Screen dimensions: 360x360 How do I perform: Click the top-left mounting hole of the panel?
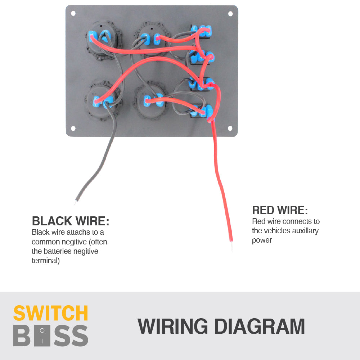coord(73,13)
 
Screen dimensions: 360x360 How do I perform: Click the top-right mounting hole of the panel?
coord(230,13)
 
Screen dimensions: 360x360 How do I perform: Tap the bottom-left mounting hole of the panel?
coord(73,129)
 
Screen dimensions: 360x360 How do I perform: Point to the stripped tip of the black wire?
coord(76,203)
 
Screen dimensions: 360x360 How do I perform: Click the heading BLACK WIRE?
coord(71,221)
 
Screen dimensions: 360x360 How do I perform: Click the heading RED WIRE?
coord(280,210)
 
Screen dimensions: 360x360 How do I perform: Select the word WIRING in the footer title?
coord(173,326)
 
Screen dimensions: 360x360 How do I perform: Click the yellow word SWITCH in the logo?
coord(51,314)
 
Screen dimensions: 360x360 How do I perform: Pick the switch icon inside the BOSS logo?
coord(42,336)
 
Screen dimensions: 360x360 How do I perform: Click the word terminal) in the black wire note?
coord(46,261)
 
